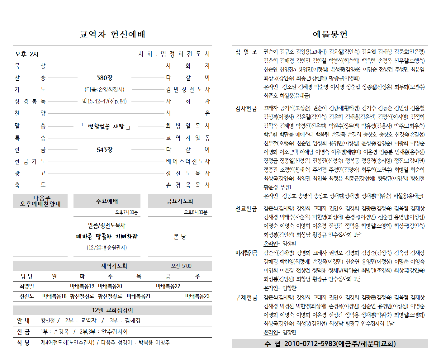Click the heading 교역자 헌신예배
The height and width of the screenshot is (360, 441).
[x=112, y=34]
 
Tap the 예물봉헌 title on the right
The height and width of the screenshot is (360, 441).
[x=330, y=34]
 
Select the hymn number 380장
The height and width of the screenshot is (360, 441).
[x=104, y=78]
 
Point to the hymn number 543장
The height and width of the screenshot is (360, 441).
[x=104, y=150]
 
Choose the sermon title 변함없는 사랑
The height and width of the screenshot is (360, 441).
[x=106, y=126]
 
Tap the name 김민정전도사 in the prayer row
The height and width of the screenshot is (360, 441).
[x=188, y=90]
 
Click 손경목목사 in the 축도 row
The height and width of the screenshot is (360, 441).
[x=188, y=185]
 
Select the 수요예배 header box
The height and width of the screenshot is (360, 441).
[x=107, y=201]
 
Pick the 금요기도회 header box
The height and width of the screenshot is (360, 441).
[x=180, y=201]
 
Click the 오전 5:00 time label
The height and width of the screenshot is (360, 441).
[x=181, y=266]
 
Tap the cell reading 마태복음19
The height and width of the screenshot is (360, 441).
[x=82, y=286]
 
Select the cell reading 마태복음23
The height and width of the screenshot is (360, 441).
[x=197, y=296]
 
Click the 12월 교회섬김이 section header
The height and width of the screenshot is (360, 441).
[x=112, y=310]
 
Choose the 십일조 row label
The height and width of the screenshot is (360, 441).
[x=246, y=52]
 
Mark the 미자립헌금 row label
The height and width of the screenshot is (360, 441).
[x=246, y=253]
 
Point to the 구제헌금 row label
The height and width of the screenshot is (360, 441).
[x=246, y=298]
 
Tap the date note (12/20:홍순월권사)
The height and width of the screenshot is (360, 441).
[x=107, y=248]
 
